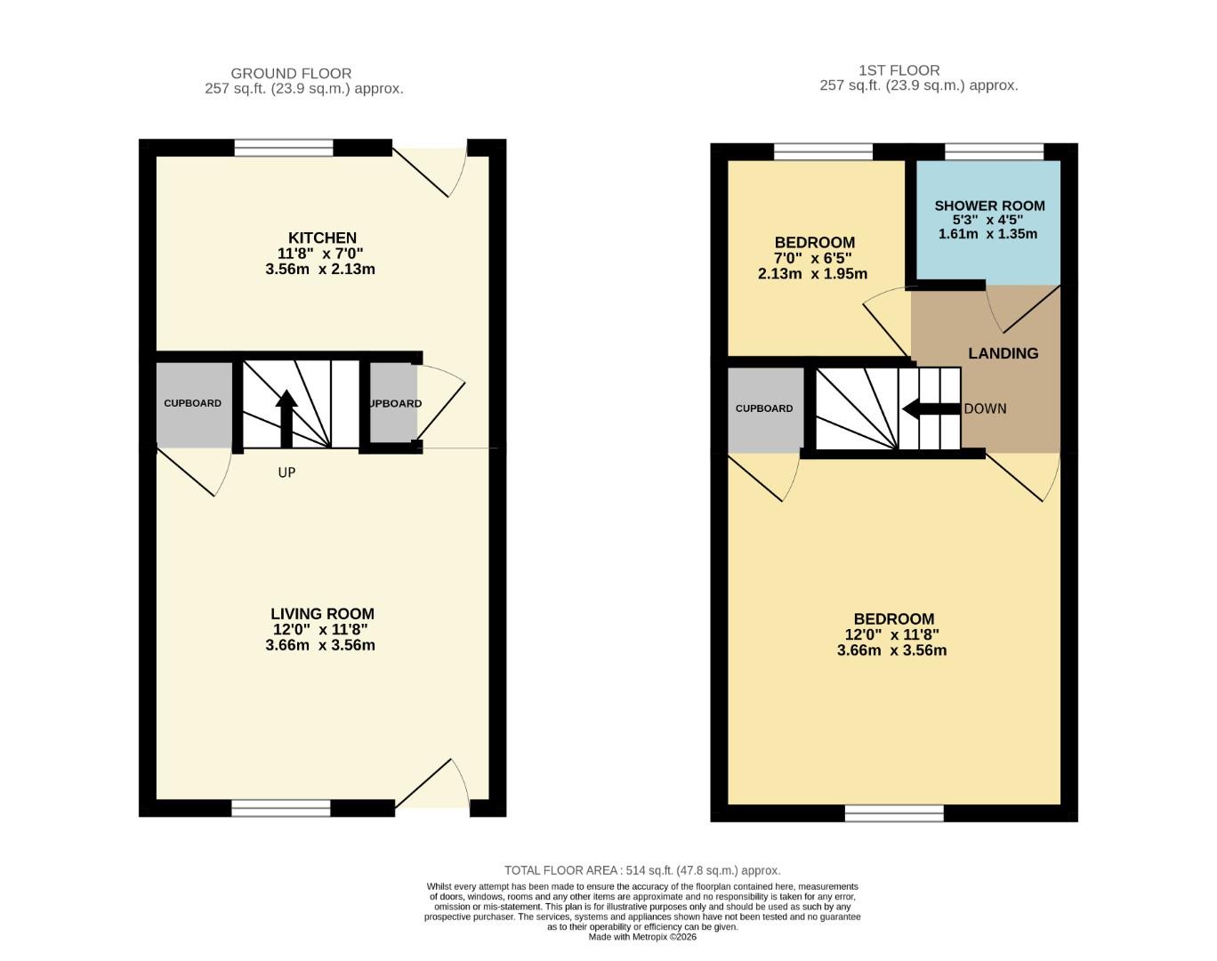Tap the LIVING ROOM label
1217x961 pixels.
point(322,614)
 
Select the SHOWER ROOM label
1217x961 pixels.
point(989,206)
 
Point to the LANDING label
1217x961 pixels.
point(1003,353)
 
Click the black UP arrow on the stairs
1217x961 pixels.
point(286,417)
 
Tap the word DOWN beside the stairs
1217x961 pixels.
point(985,408)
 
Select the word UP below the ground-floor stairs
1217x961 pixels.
point(286,472)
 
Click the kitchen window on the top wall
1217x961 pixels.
point(284,148)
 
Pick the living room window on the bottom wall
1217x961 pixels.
point(280,808)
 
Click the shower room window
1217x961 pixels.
point(994,152)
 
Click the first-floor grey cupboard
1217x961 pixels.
point(764,408)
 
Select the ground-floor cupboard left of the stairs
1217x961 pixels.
point(193,403)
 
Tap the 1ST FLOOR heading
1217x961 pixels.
point(899,70)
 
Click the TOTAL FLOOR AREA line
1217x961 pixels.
point(641,870)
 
